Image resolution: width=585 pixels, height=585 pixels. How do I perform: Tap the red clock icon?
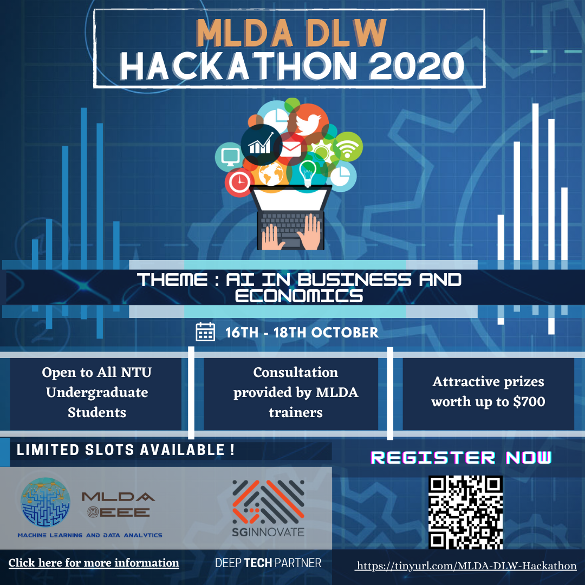point(239,183)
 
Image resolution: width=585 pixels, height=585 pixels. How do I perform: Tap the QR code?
point(465,512)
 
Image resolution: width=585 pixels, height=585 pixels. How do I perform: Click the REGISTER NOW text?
point(461,457)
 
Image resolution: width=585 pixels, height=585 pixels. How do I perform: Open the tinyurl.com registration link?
point(466,565)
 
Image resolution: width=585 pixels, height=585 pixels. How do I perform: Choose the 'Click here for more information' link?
point(94,563)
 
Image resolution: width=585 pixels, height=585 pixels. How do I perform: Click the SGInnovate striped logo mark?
point(268,501)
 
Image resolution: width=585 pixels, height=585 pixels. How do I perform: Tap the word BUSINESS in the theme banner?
point(350,280)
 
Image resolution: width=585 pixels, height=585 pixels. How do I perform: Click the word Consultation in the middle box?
point(296,373)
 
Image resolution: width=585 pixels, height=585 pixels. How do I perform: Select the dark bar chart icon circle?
point(261,145)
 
